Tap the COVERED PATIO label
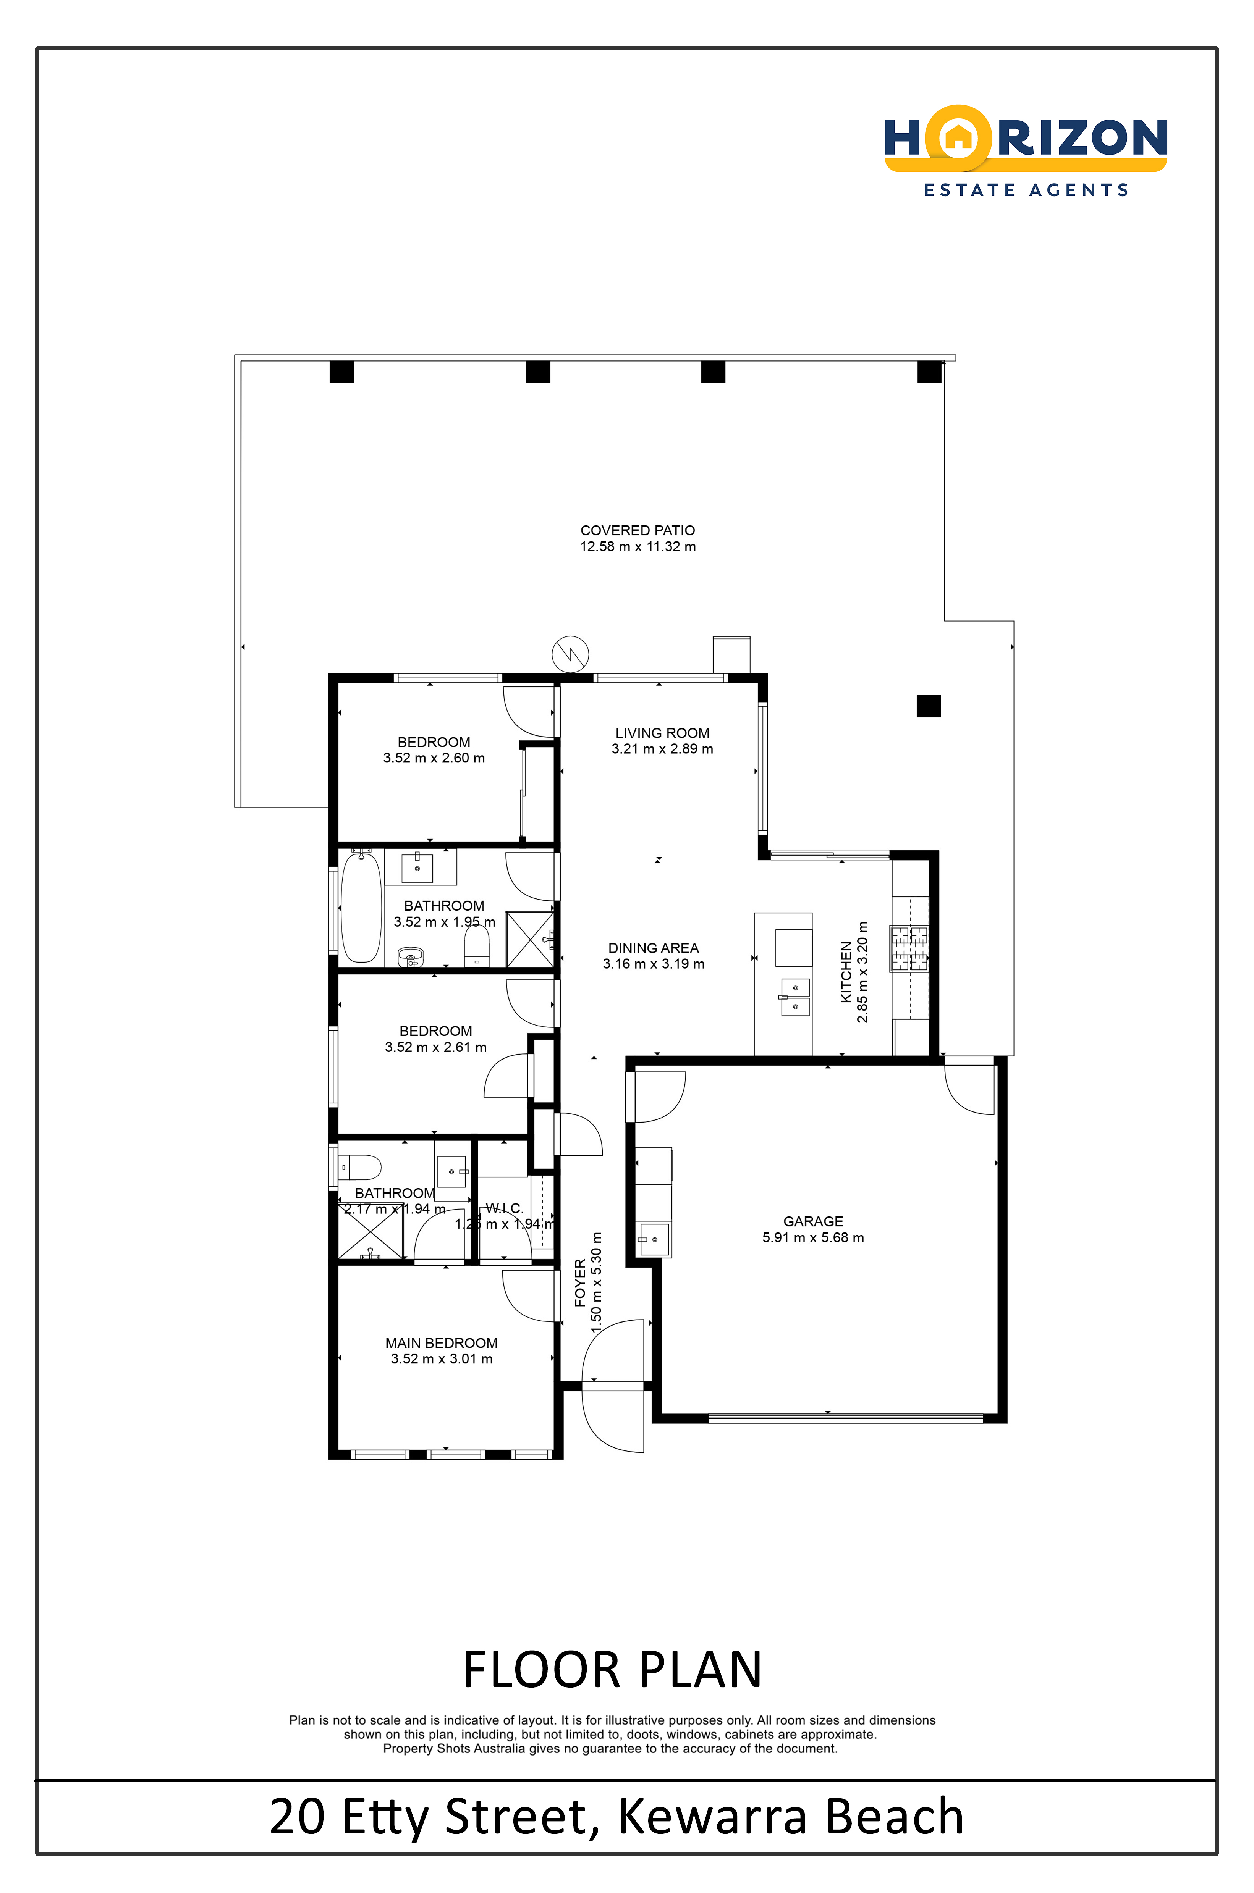pyautogui.click(x=638, y=530)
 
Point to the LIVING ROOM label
pyautogui.click(x=662, y=732)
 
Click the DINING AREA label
pyautogui.click(x=654, y=947)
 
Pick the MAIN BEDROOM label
pyautogui.click(x=442, y=1343)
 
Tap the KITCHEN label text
pyautogui.click(x=846, y=972)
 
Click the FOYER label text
pyautogui.click(x=580, y=1283)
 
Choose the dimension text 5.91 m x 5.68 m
pyautogui.click(x=813, y=1237)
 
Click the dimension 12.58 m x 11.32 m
pyautogui.click(x=638, y=547)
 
